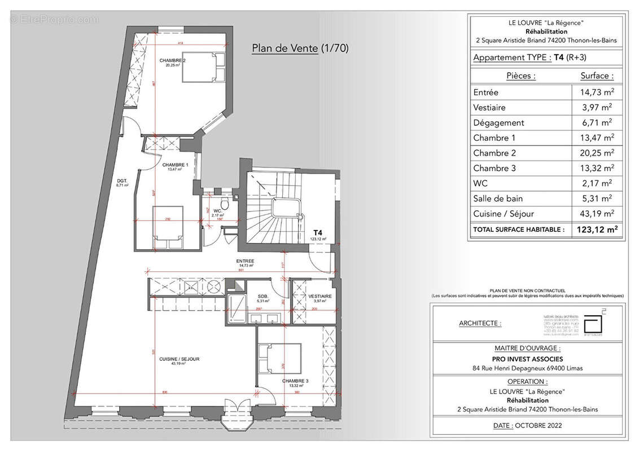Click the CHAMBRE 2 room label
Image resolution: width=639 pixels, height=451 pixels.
pos(172,61)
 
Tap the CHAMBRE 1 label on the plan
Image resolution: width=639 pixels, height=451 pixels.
pos(174,166)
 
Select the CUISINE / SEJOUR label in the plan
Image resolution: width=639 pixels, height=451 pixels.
pos(179,359)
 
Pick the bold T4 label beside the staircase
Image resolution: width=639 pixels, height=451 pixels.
pos(318,232)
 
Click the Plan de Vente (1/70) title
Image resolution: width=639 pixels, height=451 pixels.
pos(300,48)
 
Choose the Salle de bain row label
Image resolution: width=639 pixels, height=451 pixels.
pos(498,198)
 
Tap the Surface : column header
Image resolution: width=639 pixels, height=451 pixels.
pos(597,76)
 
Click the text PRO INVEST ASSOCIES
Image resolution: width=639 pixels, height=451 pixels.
pos(528,359)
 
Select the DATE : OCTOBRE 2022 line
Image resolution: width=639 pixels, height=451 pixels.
pos(528,426)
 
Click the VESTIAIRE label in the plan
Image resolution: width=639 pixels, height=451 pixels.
pos(319,296)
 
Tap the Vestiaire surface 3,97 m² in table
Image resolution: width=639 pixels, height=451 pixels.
pos(599,107)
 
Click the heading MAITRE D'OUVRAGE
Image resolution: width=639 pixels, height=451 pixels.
pos(528,348)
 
